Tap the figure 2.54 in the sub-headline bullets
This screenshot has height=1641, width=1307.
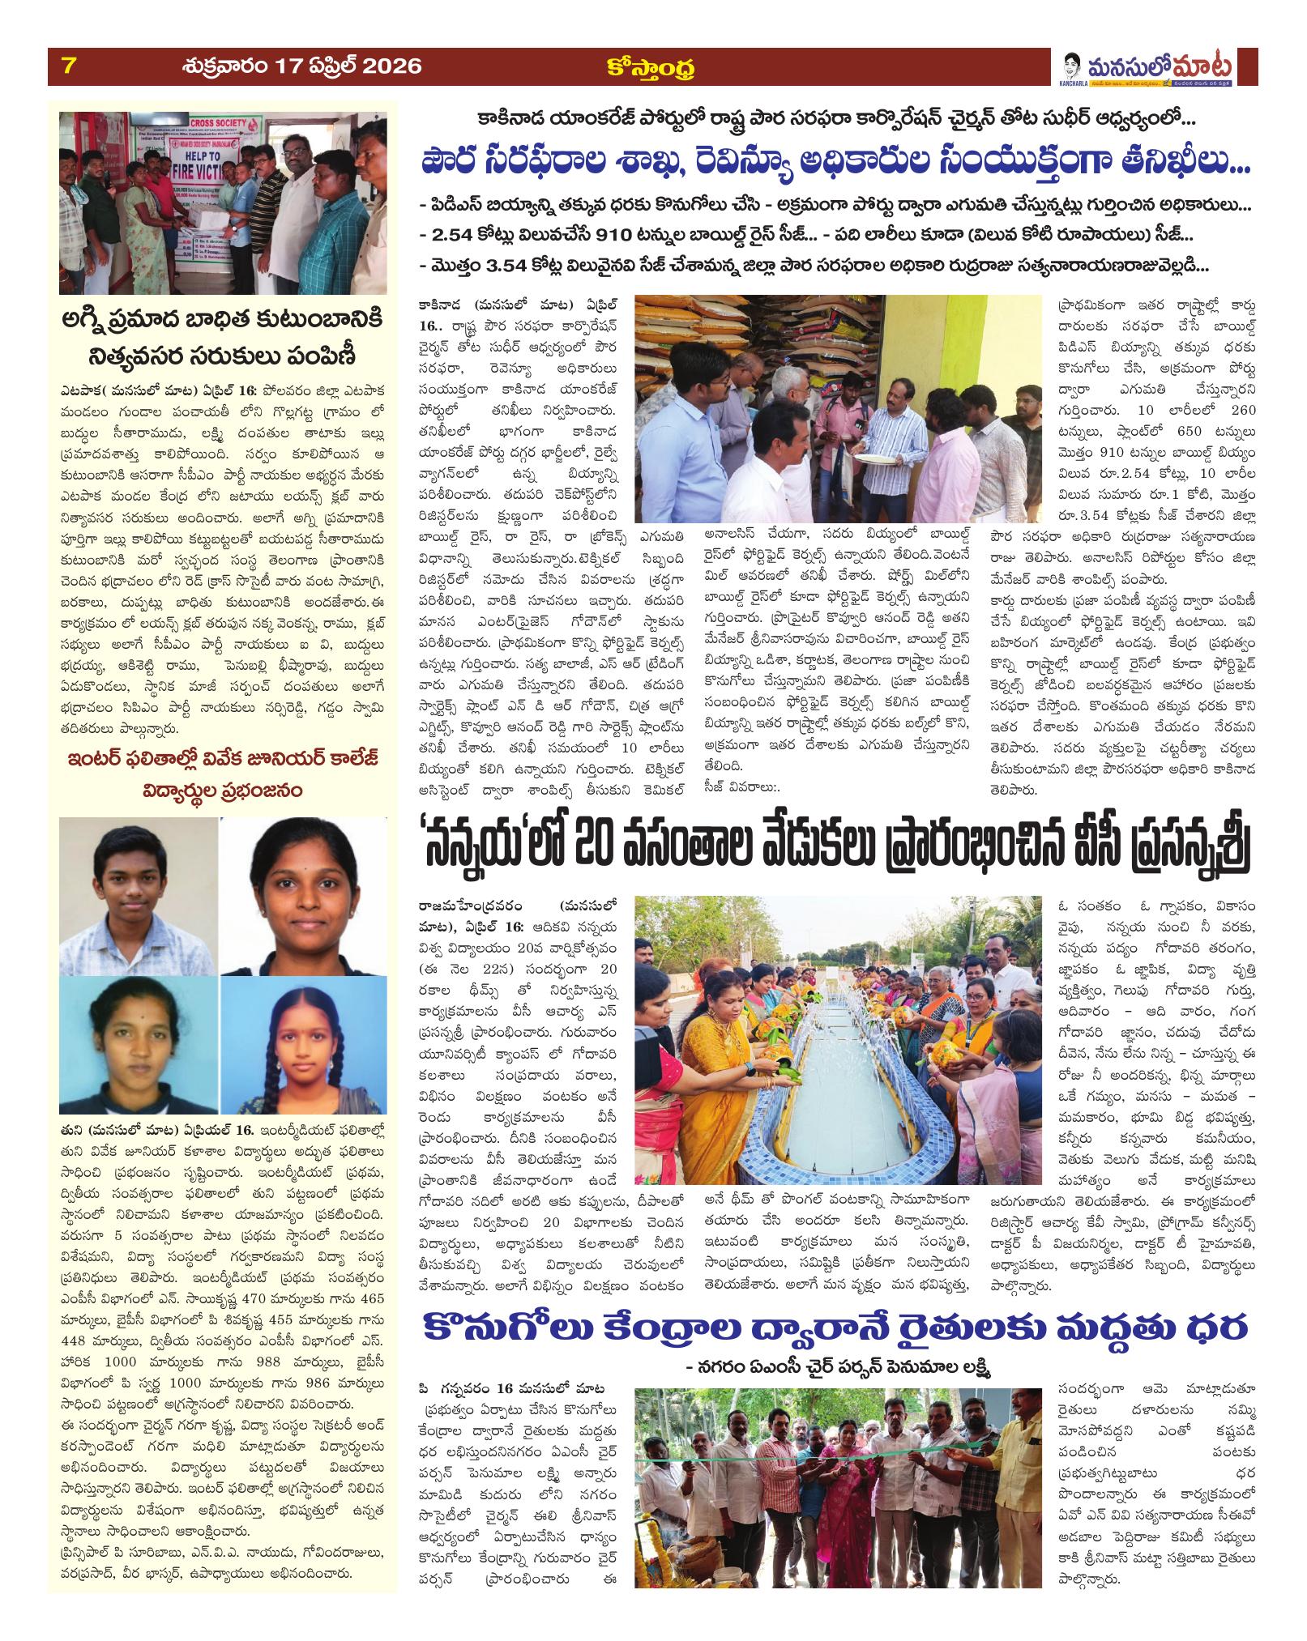tap(454, 235)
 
